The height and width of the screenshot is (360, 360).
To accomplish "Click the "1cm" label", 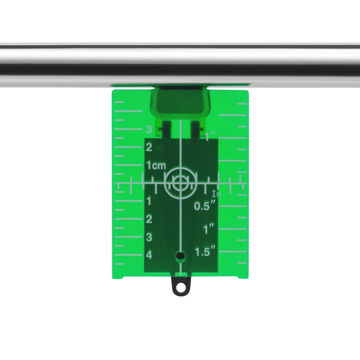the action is [x=156, y=166].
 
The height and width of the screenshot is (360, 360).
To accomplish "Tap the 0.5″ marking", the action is [x=205, y=206].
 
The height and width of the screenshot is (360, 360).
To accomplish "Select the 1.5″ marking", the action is [x=205, y=251].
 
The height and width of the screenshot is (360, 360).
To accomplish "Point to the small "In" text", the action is [x=216, y=194].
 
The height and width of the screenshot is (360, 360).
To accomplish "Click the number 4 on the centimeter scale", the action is [x=149, y=255].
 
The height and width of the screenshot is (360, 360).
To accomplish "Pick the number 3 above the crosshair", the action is [x=149, y=130].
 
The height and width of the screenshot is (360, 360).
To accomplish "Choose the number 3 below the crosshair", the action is [x=149, y=237].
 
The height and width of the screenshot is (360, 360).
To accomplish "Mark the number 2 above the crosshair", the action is [x=149, y=147].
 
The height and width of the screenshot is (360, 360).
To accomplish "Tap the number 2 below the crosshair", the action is [x=149, y=219].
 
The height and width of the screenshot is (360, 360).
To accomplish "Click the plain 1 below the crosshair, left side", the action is [x=149, y=201].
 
